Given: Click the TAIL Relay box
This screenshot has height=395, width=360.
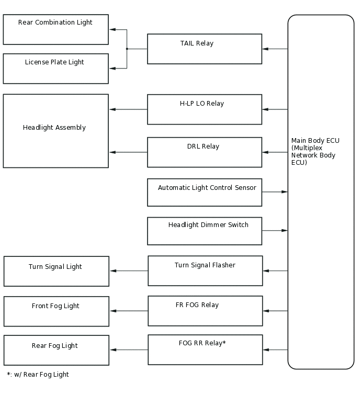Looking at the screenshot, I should [204, 49].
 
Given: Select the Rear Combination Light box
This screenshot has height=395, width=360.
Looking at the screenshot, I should [55, 29].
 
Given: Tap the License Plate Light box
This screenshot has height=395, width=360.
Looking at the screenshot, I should [55, 69].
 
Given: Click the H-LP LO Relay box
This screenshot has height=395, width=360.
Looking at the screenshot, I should [204, 109].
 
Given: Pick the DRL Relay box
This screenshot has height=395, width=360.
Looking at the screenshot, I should [204, 152].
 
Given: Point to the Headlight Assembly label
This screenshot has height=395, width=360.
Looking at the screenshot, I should [54, 128].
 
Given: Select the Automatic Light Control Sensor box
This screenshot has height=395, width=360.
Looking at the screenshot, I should [204, 192].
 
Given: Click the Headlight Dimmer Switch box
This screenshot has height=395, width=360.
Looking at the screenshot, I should [204, 231].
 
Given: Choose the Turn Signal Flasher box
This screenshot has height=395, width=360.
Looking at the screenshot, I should [205, 270].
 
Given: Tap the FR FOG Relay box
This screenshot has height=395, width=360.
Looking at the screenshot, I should [205, 311].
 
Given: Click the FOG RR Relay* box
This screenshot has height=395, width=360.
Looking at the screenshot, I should [205, 349].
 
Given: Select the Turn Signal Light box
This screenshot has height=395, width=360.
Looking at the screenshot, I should [56, 271].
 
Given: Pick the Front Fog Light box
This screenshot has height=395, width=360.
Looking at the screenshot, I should [56, 311].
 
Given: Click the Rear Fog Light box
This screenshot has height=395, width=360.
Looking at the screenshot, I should [56, 350].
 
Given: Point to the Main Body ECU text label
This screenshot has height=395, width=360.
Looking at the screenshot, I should [315, 152].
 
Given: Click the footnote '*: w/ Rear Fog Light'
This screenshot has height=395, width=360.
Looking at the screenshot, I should [38, 375].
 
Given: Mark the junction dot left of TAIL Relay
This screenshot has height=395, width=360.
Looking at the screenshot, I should [127, 49].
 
